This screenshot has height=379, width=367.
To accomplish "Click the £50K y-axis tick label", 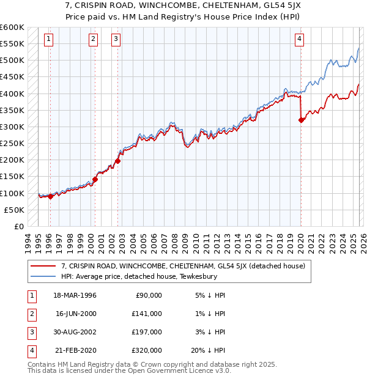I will click(x=14, y=210).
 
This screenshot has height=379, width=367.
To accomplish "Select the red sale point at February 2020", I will click(x=301, y=120).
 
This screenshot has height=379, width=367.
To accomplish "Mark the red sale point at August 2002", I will click(x=118, y=161).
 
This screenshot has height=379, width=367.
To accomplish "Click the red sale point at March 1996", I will click(x=51, y=196).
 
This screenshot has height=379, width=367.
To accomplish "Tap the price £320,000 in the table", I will click(x=147, y=351).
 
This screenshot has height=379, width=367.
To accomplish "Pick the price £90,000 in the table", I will click(x=149, y=295).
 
